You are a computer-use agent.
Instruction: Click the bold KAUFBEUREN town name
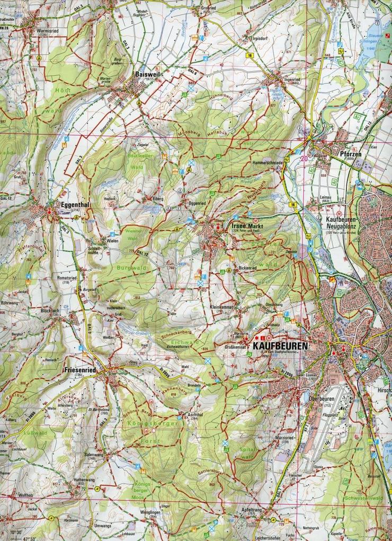point(281,345)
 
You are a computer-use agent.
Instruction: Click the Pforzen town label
point(350,154)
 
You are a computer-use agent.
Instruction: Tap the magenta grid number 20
point(304,158)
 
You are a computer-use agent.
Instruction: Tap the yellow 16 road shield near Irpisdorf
point(248,55)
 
